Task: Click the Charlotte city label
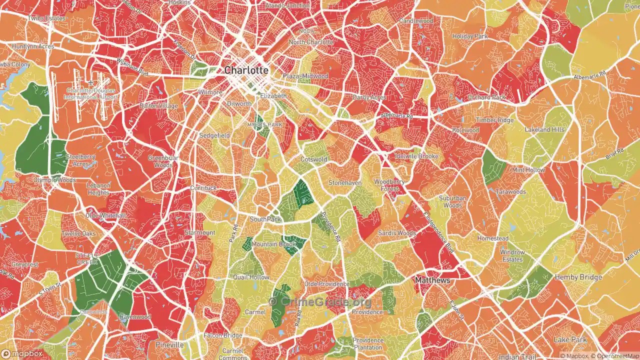coord(246,70)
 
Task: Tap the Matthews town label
coord(432,280)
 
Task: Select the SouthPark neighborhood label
coord(265,219)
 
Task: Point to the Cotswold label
coord(313,159)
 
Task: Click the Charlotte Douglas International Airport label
coord(90,93)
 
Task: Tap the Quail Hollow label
coord(251,277)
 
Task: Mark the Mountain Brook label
coord(273,244)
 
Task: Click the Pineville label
coord(169,345)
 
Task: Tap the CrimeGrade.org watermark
coord(320,302)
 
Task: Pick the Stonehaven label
coord(344,183)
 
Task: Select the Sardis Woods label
coord(396,233)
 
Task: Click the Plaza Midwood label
coord(305,76)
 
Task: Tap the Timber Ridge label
coord(494,120)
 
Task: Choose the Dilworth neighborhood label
coord(239,104)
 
